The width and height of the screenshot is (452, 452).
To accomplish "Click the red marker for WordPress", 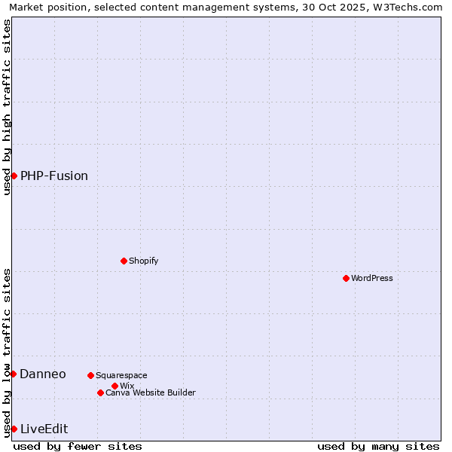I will point(346,278).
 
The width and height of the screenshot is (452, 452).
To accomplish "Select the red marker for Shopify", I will point(124,261).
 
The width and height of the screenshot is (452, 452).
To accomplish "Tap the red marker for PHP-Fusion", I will point(14,176).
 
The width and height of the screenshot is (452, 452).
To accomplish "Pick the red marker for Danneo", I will point(13,374).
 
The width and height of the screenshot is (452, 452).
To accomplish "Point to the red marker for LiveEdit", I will point(14,429).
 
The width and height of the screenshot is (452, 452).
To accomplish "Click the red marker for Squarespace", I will point(90,375).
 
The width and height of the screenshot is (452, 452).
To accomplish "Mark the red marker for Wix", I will point(115,386).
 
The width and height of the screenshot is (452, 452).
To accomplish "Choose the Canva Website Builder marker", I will point(100,392).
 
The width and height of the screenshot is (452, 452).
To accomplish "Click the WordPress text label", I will point(372,278).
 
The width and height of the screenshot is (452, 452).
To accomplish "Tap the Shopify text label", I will point(144,261).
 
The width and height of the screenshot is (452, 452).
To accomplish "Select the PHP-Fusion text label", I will point(54,176).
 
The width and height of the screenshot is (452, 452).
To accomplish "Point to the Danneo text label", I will point(43,374).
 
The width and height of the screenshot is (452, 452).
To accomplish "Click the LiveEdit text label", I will point(44,429).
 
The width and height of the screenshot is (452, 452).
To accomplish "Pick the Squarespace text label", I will point(122,375).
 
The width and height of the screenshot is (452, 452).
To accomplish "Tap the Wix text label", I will point(127,386).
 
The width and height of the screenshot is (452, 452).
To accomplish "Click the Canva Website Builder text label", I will point(151,392).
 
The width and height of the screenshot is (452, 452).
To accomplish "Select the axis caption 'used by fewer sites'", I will point(78,446).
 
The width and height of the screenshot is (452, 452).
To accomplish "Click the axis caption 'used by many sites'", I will point(378,446).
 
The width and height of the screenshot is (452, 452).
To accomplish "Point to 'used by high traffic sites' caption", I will point(7,107).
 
